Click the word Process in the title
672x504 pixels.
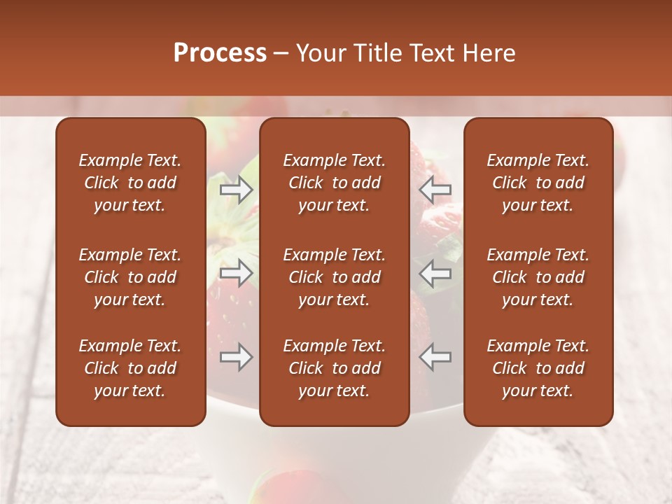pos(220,53)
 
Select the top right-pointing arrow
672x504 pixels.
pos(237,189)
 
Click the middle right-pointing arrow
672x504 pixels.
pos(237,273)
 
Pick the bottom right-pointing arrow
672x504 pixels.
pos(237,357)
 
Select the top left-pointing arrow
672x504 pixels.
pos(435,189)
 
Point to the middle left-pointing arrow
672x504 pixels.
pos(435,273)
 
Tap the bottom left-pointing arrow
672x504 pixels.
pos(435,357)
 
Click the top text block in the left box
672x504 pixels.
pos(130,183)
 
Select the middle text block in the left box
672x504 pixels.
pos(130,277)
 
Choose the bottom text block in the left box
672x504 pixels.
pos(130,368)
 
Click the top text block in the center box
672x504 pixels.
pos(334,183)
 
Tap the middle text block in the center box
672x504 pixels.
pos(334,277)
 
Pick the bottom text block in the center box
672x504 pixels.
pos(334,368)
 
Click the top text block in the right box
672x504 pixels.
pos(538,183)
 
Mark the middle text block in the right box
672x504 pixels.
pos(538,277)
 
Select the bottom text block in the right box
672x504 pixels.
pos(538,368)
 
